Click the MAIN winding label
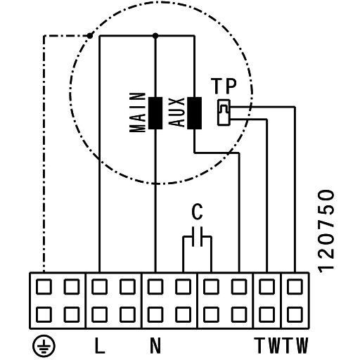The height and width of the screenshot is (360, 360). (138, 112)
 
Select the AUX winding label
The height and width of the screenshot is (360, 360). (177, 112)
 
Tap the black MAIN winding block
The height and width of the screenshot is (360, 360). (155, 113)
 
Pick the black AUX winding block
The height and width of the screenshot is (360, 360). (194, 113)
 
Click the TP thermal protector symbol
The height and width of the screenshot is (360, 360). (224, 112)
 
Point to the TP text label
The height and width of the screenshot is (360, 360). (224, 86)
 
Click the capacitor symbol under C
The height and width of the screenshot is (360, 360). (197, 237)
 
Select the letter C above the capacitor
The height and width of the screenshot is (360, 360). (197, 212)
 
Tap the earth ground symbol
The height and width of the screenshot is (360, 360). (44, 346)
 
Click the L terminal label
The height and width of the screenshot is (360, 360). (100, 345)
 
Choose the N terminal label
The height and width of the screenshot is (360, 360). (155, 345)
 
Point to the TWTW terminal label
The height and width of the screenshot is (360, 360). (281, 345)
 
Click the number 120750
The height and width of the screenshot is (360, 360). (326, 231)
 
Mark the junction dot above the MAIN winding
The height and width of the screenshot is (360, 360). (155, 36)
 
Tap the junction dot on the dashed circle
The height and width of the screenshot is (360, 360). (90, 36)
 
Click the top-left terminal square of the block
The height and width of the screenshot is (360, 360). (44, 286)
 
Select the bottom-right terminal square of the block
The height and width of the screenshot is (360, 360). (295, 314)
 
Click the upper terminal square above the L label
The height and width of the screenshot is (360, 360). (100, 286)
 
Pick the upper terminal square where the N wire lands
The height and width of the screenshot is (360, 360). (155, 286)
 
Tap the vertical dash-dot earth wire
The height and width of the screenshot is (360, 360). (44, 154)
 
